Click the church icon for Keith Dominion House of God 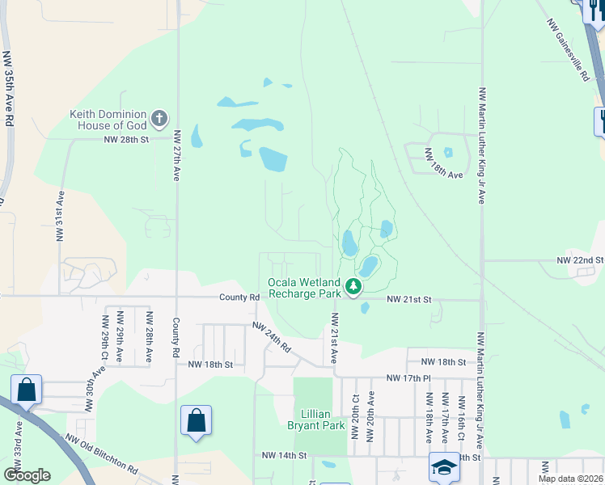point(159,119)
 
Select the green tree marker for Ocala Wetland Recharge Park point(353,286)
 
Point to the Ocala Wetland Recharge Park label point(305,289)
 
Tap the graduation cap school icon point(443,467)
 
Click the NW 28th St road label point(127,140)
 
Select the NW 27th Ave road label point(176,157)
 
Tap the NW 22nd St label point(580,260)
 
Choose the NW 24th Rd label point(271,339)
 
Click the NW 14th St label point(284,456)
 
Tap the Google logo point(27,475)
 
